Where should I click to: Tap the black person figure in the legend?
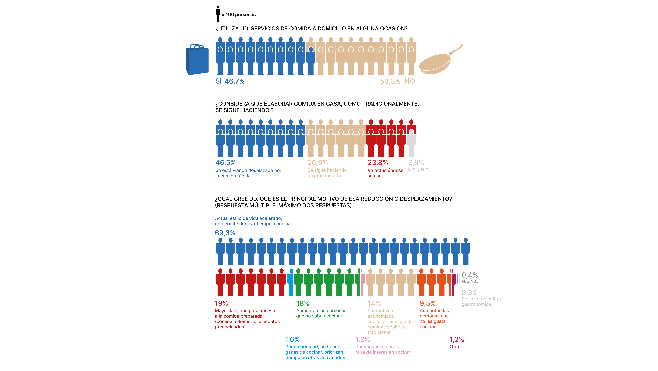218,14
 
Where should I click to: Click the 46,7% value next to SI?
234,81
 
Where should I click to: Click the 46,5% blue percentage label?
226,163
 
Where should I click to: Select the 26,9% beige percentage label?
318,163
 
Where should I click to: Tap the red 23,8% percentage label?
378,163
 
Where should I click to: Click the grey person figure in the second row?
411,143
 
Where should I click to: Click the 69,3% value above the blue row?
225,233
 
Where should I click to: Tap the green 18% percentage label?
303,303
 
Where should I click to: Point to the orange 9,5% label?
428,303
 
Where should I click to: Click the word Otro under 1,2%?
454,347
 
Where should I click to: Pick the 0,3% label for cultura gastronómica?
469,293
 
